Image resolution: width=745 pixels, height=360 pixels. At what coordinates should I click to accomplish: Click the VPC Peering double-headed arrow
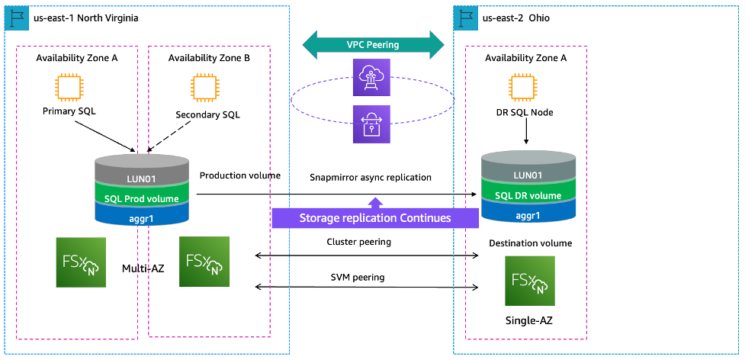pos(374,44)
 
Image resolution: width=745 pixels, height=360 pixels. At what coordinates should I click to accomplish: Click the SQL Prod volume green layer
pos(141,199)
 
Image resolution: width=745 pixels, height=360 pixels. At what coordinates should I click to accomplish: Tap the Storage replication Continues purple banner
pos(374,217)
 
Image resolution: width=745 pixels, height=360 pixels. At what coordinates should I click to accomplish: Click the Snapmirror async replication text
pos(371,177)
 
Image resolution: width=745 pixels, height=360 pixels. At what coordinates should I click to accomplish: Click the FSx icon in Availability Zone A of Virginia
pos(80,262)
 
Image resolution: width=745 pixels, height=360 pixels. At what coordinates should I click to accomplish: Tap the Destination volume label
pos(530,243)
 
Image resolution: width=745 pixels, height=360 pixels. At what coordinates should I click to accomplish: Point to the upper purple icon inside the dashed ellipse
pos(370,77)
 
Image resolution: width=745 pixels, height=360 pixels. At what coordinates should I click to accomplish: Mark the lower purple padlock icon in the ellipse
pos(370,124)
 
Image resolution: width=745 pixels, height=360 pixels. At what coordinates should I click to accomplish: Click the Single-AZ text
pos(528,321)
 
